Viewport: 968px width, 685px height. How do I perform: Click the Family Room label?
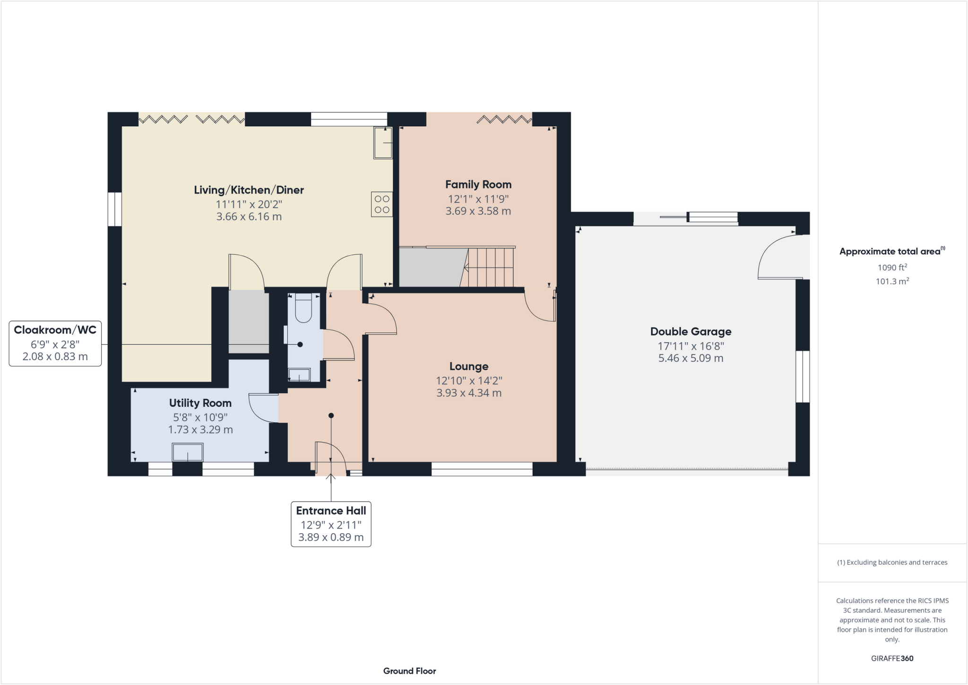[x=478, y=184]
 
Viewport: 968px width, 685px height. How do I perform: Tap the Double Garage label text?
[x=691, y=331]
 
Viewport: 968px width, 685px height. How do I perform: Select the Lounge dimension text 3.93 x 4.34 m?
[x=468, y=393]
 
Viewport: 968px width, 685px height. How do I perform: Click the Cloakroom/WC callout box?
[x=55, y=344]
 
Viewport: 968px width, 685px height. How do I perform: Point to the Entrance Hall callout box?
[x=331, y=524]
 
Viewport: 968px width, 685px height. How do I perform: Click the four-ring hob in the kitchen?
[x=382, y=204]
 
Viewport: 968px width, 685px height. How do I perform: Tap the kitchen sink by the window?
[x=383, y=143]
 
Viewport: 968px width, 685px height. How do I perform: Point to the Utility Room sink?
[x=188, y=452]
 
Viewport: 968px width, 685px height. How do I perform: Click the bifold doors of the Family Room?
[x=504, y=119]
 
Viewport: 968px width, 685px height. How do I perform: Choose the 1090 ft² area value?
[x=892, y=268]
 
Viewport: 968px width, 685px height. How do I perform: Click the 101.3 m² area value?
[x=892, y=281]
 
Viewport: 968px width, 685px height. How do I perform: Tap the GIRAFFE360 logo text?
[x=892, y=658]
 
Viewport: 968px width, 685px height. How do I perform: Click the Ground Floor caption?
[x=409, y=671]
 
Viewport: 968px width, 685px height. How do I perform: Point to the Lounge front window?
[x=482, y=469]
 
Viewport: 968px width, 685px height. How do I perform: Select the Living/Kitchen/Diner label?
[x=249, y=190]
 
